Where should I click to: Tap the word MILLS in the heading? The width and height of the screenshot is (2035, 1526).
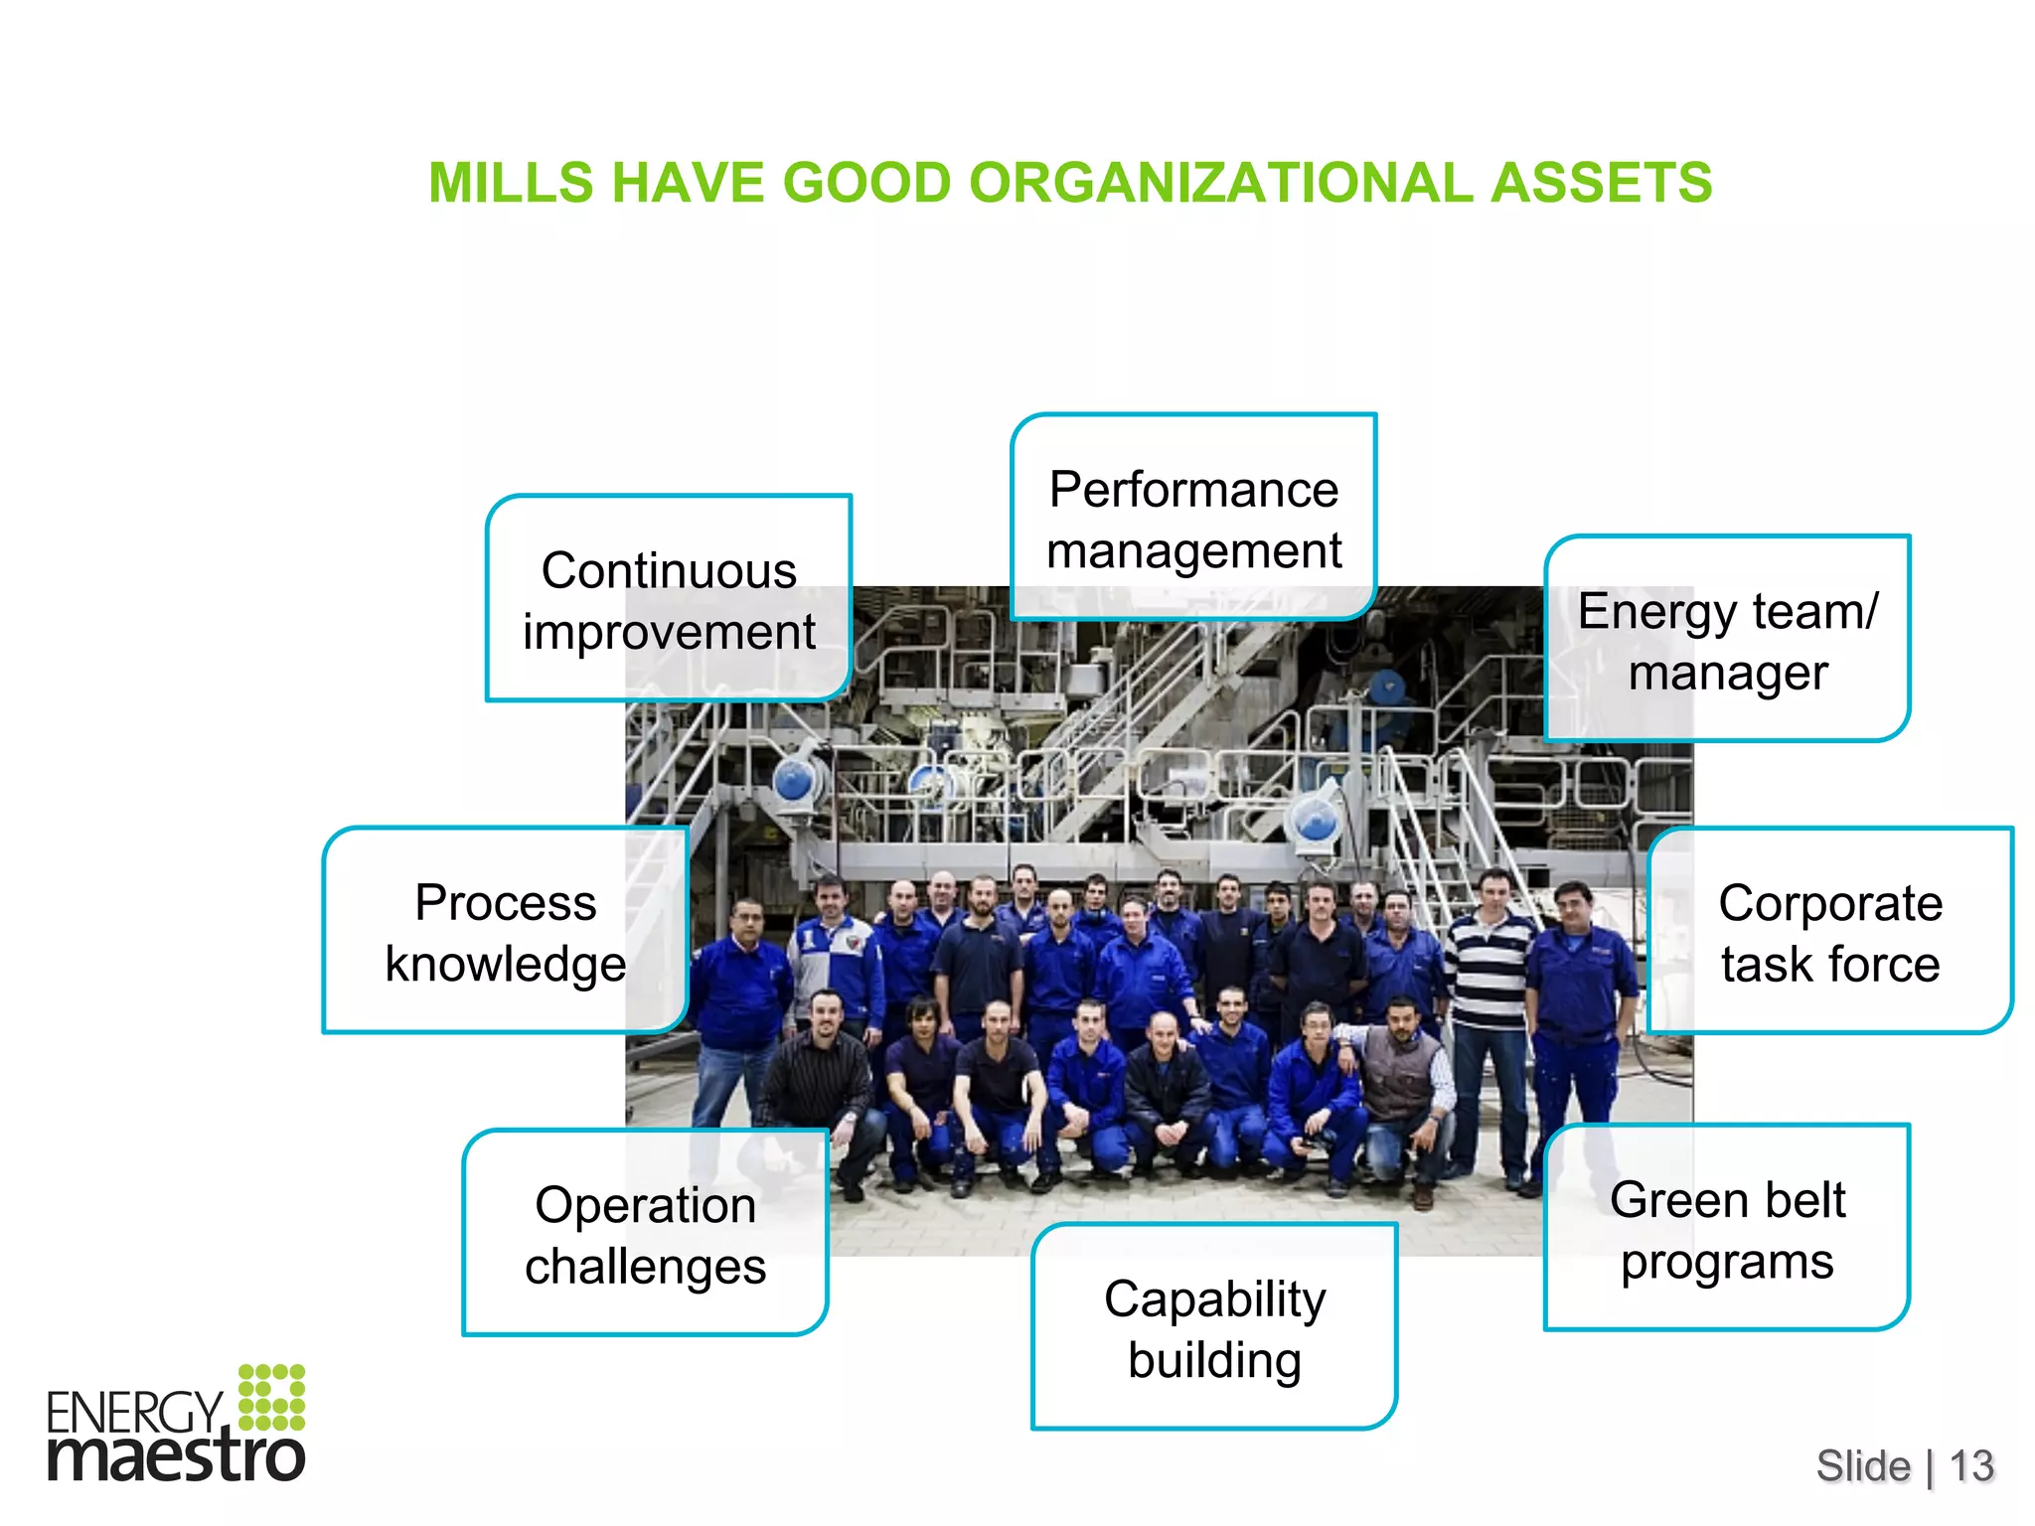click(x=511, y=183)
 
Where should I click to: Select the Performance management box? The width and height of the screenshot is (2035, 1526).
click(x=1193, y=518)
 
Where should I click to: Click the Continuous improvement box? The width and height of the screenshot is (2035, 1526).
click(x=669, y=599)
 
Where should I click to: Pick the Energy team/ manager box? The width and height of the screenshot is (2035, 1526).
click(x=1727, y=640)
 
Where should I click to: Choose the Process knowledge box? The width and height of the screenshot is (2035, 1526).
click(x=505, y=931)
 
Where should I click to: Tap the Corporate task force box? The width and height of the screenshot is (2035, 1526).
click(x=1829, y=931)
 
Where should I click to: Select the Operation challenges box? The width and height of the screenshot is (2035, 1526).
click(x=645, y=1233)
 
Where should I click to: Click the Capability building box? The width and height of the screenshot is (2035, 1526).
click(x=1214, y=1327)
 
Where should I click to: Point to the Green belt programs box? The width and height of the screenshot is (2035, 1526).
click(x=1727, y=1228)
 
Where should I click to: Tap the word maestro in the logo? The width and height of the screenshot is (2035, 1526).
click(x=176, y=1456)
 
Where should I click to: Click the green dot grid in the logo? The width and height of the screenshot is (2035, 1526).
click(x=271, y=1397)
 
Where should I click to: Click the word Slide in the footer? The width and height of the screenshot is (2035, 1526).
click(x=1863, y=1465)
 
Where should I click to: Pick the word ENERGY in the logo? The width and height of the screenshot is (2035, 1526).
click(x=134, y=1411)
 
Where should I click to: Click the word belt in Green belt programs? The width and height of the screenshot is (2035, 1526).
click(x=1805, y=1199)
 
